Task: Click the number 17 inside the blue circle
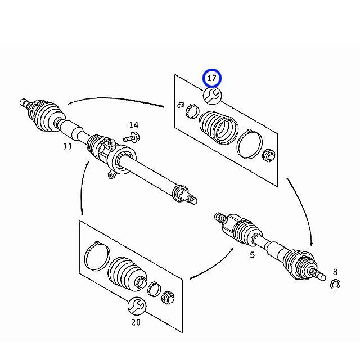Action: [x=211, y=78]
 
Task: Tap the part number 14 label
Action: [x=134, y=125]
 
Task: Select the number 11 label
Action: [x=67, y=146]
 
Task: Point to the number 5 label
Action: [x=253, y=255]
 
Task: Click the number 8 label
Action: [x=335, y=272]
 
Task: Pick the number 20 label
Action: [x=136, y=322]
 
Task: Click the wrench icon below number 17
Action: [x=213, y=96]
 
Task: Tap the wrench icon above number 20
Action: [x=137, y=306]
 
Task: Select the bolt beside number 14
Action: [x=132, y=137]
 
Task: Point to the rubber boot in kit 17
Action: [x=219, y=128]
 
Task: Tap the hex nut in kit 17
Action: [x=269, y=155]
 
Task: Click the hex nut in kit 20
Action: [x=168, y=298]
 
